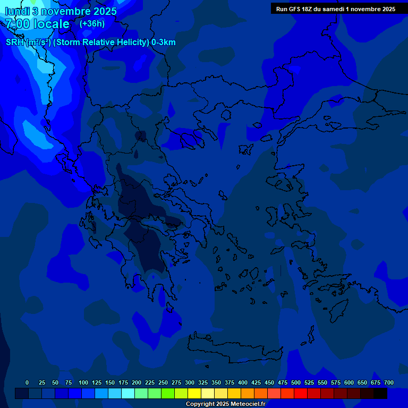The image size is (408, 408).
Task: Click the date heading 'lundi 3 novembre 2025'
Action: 61,11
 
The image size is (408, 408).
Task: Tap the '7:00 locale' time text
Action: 37,24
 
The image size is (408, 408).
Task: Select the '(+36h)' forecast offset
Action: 92,23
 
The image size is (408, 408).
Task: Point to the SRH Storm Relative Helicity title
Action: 91,42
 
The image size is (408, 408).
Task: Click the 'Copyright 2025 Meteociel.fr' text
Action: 225,404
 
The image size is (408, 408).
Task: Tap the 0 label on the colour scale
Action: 27,382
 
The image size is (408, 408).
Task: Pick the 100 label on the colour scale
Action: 83,382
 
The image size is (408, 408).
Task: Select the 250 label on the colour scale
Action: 163,382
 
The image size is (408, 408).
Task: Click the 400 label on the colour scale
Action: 243,382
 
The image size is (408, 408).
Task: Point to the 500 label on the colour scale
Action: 296,382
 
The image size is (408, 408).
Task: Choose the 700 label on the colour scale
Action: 389,382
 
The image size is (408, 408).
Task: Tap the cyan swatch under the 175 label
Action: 128,394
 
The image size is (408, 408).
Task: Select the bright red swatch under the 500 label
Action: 301,394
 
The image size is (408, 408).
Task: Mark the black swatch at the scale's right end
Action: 380,394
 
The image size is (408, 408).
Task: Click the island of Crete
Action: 234,351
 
